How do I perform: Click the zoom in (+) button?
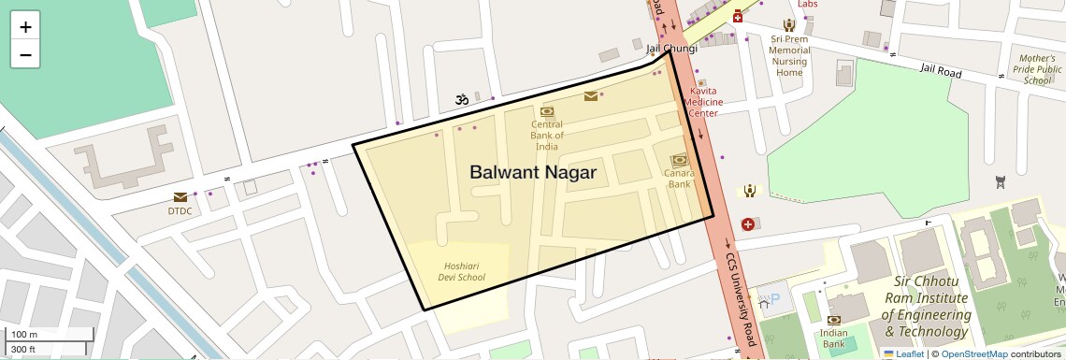[25, 27]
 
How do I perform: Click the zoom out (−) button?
[25, 54]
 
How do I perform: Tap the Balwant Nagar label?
[532, 172]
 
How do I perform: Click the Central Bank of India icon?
[547, 112]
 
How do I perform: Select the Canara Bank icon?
[679, 160]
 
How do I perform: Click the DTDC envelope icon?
[180, 197]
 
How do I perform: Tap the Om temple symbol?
[460, 98]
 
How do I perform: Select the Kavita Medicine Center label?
[703, 102]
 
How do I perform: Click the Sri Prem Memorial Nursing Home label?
[789, 55]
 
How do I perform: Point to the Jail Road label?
[941, 70]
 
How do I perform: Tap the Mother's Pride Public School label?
[1037, 69]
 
